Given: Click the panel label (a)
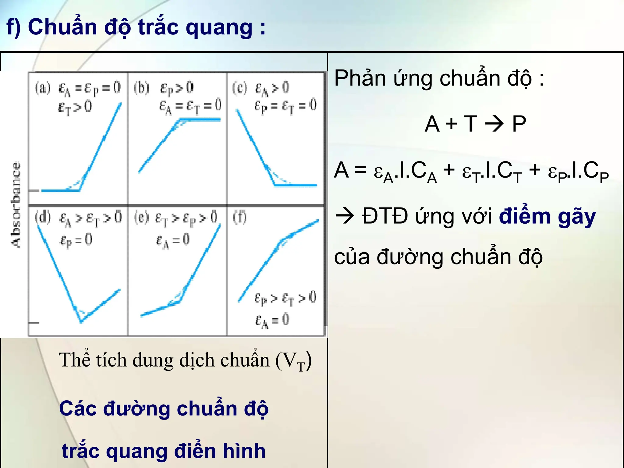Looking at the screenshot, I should click(43, 88).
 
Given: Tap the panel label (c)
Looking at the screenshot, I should click(240, 88).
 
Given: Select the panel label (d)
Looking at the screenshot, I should click(43, 218).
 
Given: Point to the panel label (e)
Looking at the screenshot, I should click(142, 218).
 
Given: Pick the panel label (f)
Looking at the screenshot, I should click(240, 218).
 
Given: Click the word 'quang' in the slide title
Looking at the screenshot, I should click(219, 27).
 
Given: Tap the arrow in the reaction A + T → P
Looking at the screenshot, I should click(494, 124).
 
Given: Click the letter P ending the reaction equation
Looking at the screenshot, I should click(519, 124).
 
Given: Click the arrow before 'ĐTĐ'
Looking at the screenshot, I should click(345, 216).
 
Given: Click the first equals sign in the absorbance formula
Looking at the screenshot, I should click(360, 170).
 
